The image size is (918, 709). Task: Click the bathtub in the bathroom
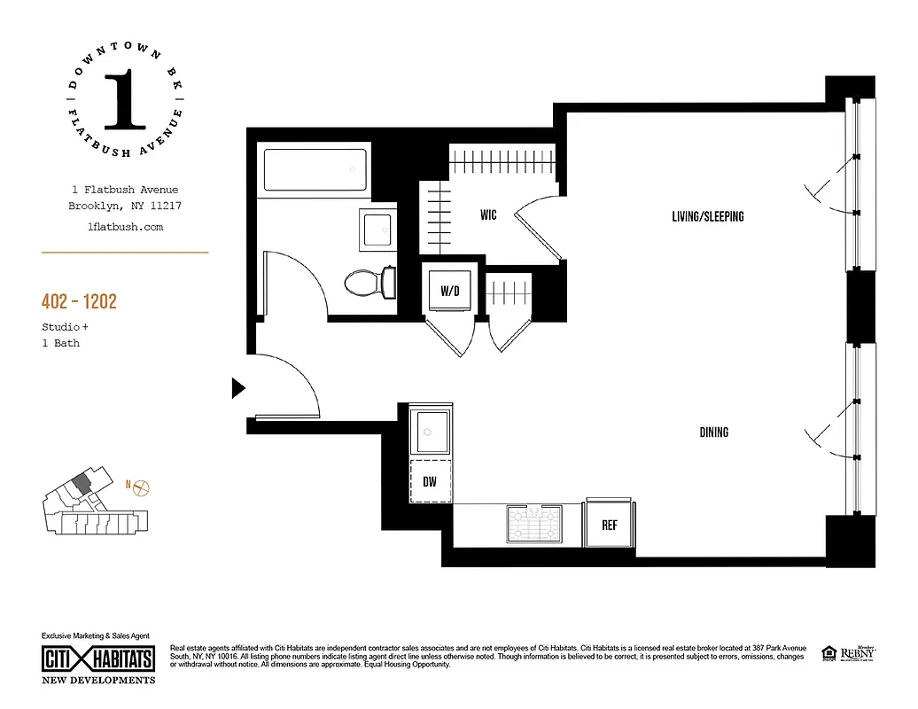point(315,169)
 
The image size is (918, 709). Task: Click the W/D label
point(450,291)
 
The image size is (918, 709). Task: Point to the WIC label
point(488,215)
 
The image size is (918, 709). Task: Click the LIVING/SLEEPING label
point(707,216)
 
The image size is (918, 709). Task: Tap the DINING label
point(713,432)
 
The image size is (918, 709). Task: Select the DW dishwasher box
point(431,482)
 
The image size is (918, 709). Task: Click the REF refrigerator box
point(609,525)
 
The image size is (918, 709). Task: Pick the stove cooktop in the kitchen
point(533,524)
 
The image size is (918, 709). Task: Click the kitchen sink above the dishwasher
point(432,431)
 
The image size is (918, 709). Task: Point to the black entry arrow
point(237,387)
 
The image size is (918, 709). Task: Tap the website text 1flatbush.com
point(125,227)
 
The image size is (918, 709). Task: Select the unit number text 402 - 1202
point(79,302)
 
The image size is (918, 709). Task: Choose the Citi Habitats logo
point(98,658)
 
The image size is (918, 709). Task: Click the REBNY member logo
point(856,652)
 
